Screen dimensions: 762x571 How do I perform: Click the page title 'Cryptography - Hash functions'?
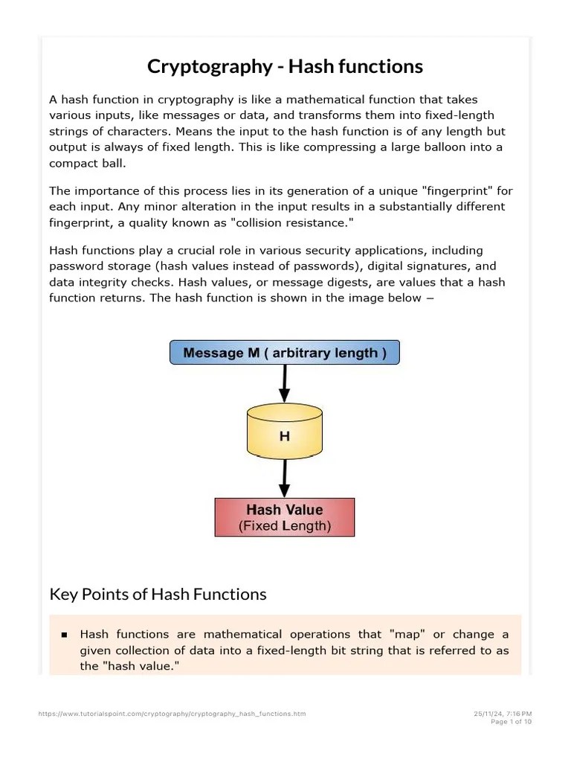pos(285,66)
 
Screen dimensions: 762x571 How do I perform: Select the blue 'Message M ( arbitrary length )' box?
pos(285,353)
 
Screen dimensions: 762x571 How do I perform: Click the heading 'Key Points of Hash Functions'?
pos(158,594)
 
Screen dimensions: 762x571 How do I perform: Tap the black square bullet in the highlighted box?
pos(64,635)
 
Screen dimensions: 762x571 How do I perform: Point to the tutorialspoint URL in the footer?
pos(172,714)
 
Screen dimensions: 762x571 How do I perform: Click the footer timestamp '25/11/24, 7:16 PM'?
pos(503,714)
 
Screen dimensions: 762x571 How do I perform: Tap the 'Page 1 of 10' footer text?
pos(512,722)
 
